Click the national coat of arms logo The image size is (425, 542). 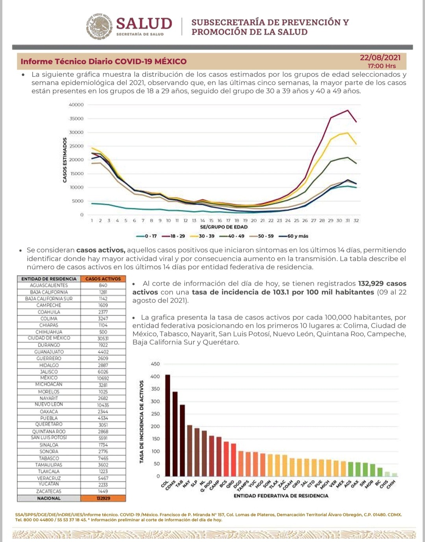[x=98, y=26]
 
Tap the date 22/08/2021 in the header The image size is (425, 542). [x=380, y=58]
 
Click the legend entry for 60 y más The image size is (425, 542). [x=294, y=236]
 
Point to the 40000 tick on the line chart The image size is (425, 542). [x=76, y=105]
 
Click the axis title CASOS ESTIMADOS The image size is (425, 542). [x=65, y=160]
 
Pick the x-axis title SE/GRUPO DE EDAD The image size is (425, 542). [x=224, y=227]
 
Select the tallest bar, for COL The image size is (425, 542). [x=168, y=425]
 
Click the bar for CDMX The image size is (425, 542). [x=175, y=434]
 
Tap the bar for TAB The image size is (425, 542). [x=182, y=440]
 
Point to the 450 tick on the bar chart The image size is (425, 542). [x=155, y=364]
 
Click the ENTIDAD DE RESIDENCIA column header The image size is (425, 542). [x=49, y=279]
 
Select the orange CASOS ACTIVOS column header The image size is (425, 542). [x=103, y=279]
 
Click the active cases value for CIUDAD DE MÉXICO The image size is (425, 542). [x=103, y=338]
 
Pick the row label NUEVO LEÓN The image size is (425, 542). [x=49, y=405]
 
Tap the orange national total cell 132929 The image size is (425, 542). [x=103, y=498]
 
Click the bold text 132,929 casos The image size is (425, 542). [x=382, y=284]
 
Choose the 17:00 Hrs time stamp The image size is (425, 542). [x=382, y=66]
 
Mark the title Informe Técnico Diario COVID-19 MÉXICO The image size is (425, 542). [x=103, y=61]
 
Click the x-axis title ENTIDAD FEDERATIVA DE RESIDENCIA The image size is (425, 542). [x=281, y=496]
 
